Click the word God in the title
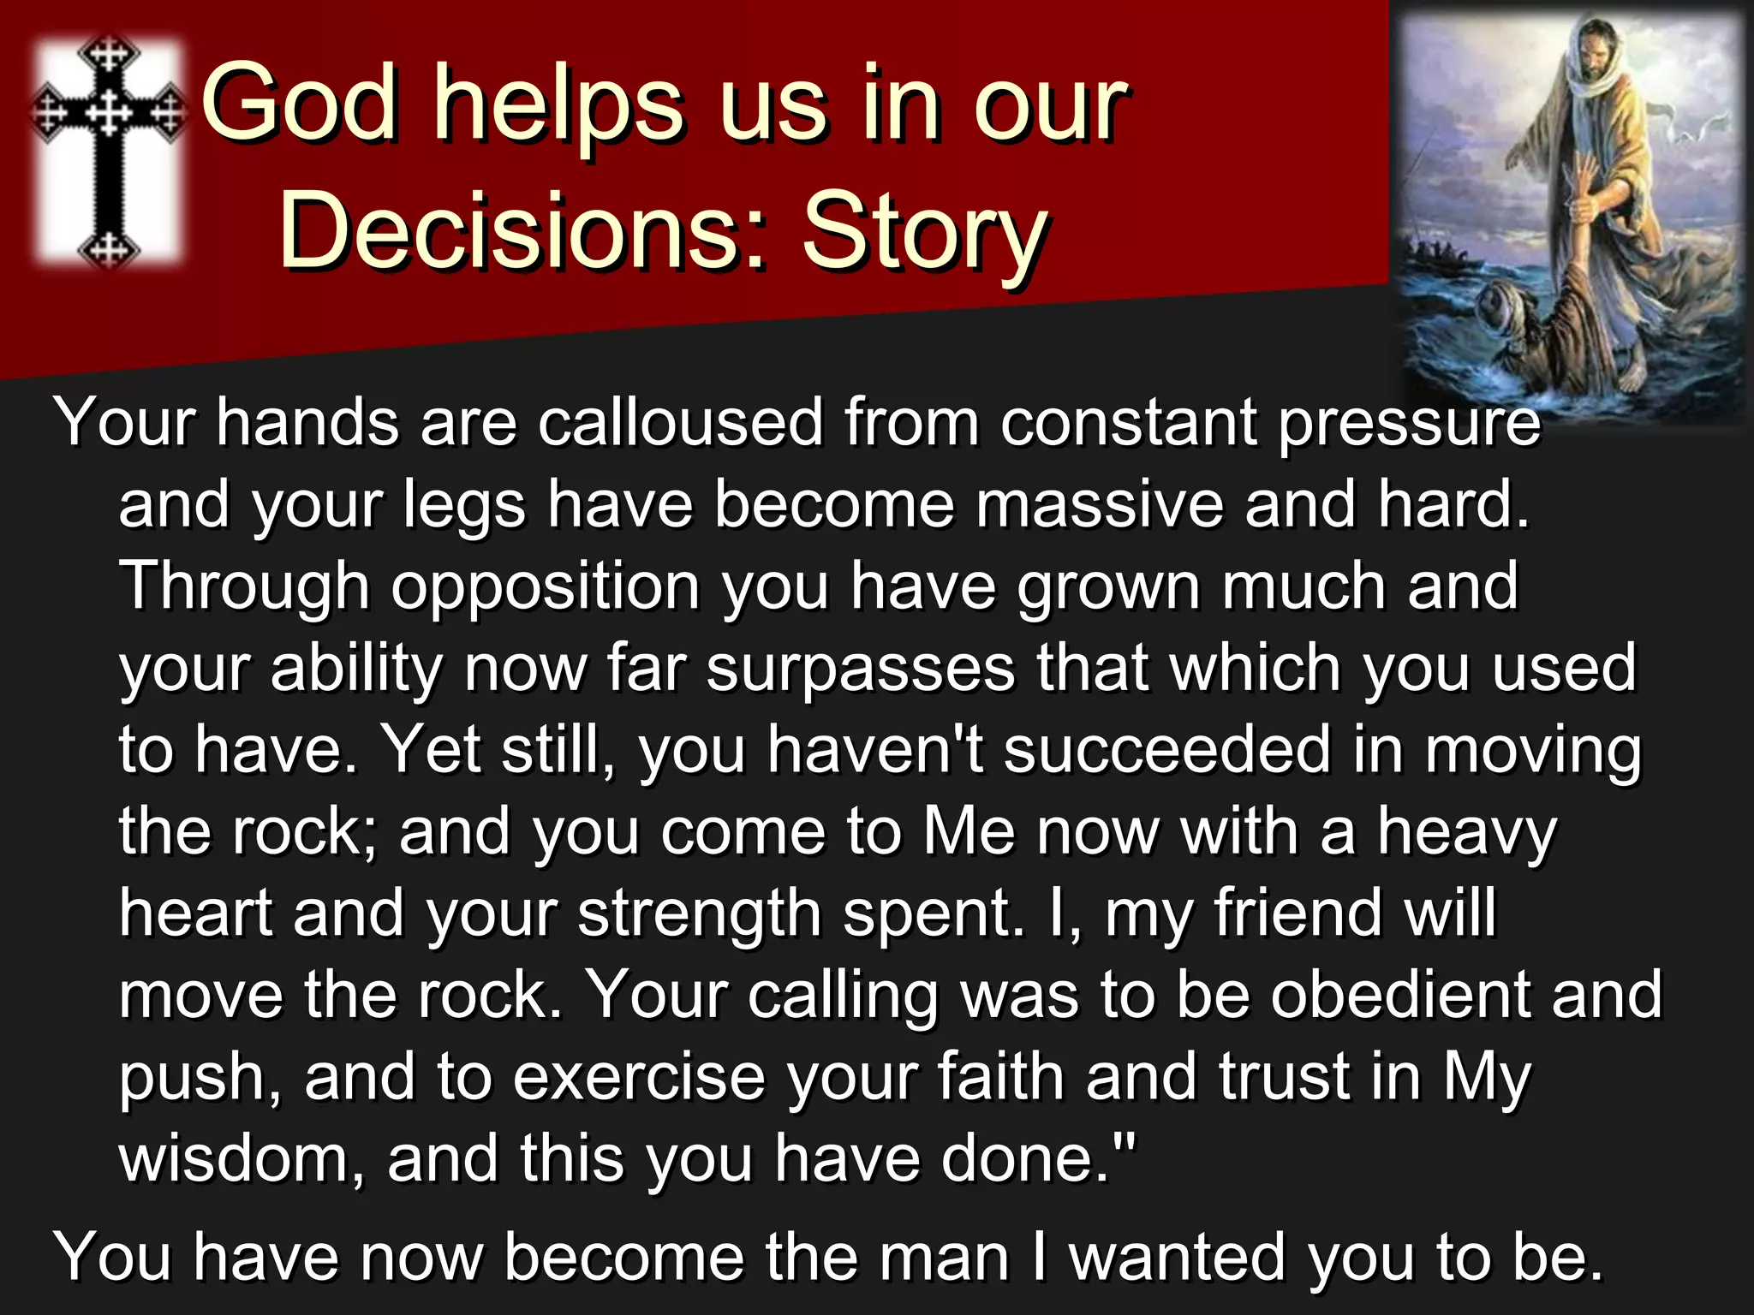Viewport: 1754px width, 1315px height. coord(300,104)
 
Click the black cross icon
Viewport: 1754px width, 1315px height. coord(109,150)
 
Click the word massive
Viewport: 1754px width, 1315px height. coord(1099,504)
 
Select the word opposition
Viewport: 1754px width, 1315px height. coord(546,588)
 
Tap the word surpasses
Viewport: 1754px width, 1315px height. coord(860,669)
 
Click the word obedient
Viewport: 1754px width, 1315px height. coord(1399,996)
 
